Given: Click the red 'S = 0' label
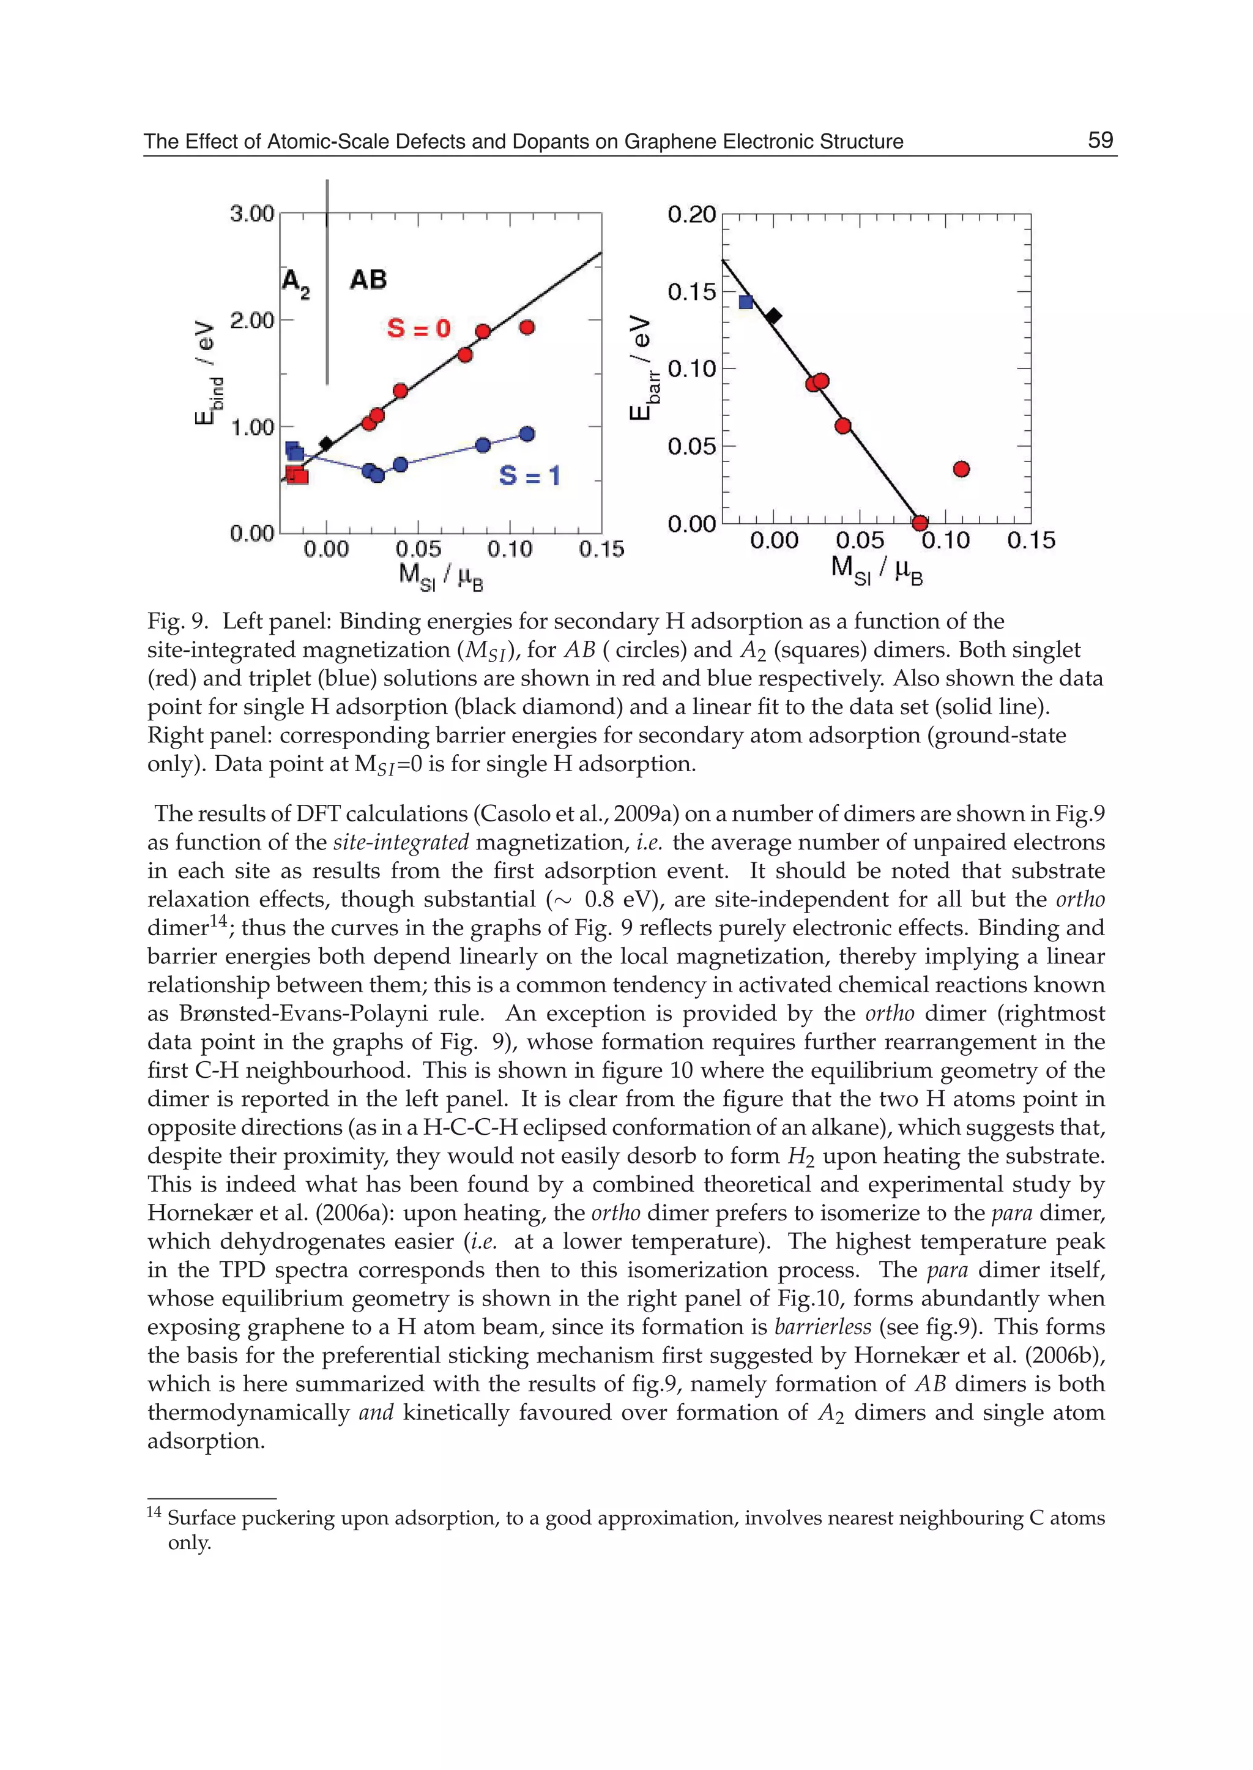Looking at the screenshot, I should pos(418,328).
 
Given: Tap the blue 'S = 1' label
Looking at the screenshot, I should pos(529,475).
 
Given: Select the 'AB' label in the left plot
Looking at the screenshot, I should pos(368,280).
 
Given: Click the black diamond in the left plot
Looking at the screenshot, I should pos(326,443).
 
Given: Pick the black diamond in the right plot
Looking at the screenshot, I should pos(773,315).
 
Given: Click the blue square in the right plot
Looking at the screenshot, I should pos(745,302).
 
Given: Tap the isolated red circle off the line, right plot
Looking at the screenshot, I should pos(961,469).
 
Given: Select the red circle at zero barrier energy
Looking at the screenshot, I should pos(920,523).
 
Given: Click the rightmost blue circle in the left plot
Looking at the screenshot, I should pos(527,434).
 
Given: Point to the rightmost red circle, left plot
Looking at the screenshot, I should pos(527,327).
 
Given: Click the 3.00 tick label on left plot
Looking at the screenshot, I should pos(251,214).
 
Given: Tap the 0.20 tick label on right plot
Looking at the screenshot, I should pos(691,215).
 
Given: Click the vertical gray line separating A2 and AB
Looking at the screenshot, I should pos(327,308).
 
